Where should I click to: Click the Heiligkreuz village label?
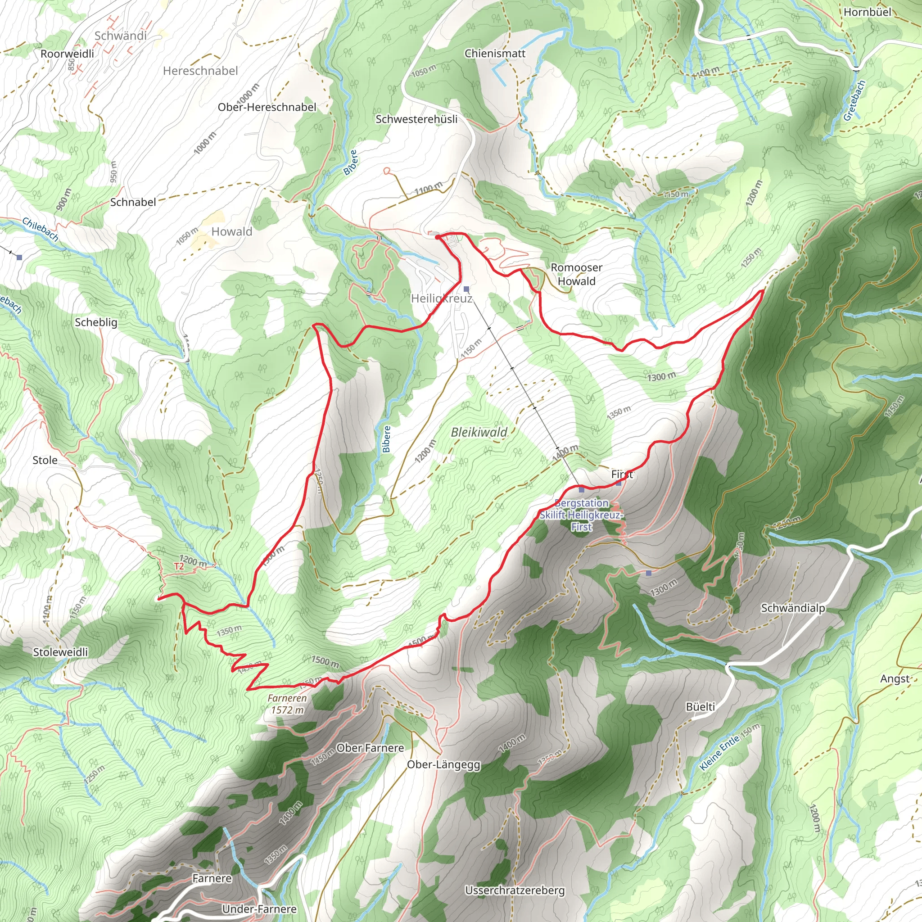point(442,298)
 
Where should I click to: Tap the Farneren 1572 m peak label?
point(287,704)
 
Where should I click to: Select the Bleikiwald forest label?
point(479,432)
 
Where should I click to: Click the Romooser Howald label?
point(577,275)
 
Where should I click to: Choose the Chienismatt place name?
point(495,54)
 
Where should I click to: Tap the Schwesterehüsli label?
point(416,119)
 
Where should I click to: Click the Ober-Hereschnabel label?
point(267,108)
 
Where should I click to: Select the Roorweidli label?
point(67,54)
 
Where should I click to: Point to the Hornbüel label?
point(867,12)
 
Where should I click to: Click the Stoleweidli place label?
point(60,652)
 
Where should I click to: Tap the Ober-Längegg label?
point(443,764)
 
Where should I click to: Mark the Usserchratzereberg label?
point(515,890)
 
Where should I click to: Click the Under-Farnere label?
point(259,909)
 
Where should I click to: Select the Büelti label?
point(700,707)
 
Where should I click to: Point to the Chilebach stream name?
point(41,230)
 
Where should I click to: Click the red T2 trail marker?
point(179,566)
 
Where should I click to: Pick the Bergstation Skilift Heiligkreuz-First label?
point(581,515)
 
